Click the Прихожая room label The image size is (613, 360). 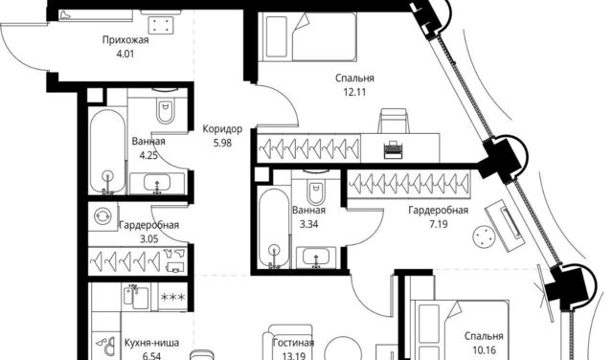(125, 40)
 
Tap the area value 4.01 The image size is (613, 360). (125, 54)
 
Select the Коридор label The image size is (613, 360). (222, 128)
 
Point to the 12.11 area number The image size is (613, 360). (354, 92)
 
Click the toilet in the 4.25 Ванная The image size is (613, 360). (166, 108)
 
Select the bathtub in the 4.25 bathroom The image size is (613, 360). (107, 151)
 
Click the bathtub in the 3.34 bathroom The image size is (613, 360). (274, 228)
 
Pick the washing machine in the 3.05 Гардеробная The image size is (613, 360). (102, 215)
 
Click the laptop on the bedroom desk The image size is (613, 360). (393, 149)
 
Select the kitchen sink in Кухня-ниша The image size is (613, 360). (136, 298)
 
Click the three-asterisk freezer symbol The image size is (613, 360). (172, 298)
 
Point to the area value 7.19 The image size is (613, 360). (438, 224)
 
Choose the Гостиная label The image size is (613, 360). (293, 343)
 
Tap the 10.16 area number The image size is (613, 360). (484, 349)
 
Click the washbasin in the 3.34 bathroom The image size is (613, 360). (316, 258)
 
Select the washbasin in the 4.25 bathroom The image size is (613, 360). (157, 183)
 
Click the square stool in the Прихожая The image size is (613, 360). (161, 24)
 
